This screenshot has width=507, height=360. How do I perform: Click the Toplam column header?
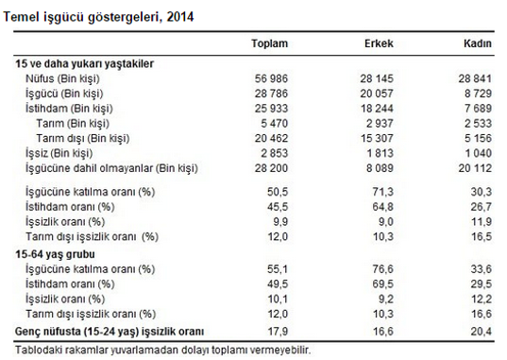coord(270,43)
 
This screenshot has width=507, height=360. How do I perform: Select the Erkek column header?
coord(379,43)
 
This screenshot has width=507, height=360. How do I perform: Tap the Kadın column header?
coord(478,43)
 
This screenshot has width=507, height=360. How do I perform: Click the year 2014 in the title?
coord(180,17)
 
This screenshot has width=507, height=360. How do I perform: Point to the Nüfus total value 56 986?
coord(271,78)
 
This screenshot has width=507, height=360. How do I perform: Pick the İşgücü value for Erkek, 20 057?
coord(377,94)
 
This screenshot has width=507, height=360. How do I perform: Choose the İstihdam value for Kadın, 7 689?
coord(479,108)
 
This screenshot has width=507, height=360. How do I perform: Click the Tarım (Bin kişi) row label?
coord(73,124)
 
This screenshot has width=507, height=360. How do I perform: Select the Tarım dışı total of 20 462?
coord(271,138)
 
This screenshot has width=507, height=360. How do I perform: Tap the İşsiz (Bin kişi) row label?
coord(59,153)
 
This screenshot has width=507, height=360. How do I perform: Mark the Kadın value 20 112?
coord(475,168)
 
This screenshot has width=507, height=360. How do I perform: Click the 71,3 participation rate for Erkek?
coord(382,192)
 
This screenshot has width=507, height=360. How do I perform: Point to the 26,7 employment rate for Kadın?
coord(482,207)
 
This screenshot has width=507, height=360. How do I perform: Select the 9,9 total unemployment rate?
coord(280,222)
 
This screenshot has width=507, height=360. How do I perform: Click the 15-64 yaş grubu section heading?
coord(56,254)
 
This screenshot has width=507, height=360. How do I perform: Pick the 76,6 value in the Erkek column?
coord(382,269)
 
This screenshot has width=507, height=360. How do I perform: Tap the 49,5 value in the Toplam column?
coord(278,283)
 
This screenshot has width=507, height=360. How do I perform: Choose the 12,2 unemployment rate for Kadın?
coord(482,299)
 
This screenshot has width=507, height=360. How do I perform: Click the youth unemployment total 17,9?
coord(278,332)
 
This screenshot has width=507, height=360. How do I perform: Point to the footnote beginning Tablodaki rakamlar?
coord(163,350)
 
